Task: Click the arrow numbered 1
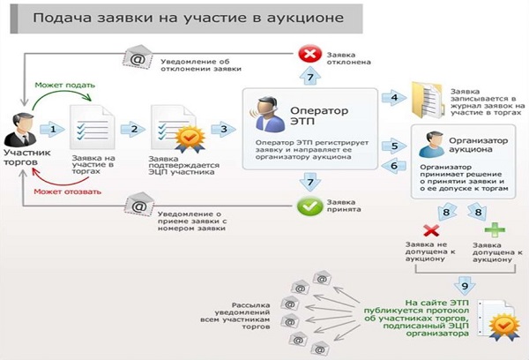tap(52, 129)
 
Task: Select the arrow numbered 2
tap(133, 129)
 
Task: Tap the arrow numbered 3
tap(223, 129)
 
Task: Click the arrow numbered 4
tap(394, 98)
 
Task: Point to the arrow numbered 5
tap(394, 146)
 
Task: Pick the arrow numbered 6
tap(394, 166)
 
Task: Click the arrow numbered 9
tap(465, 286)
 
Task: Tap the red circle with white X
tap(310, 54)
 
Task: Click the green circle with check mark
tap(309, 206)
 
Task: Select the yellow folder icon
tap(427, 100)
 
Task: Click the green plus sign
tap(495, 230)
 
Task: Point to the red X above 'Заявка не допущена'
tap(431, 231)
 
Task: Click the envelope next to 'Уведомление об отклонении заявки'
tap(138, 57)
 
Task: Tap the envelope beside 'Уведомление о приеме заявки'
tap(139, 205)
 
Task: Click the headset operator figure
tap(265, 115)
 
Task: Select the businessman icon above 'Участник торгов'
tap(20, 130)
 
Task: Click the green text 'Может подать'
tap(65, 85)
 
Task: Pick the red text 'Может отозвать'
tap(68, 191)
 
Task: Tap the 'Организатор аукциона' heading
tap(478, 145)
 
